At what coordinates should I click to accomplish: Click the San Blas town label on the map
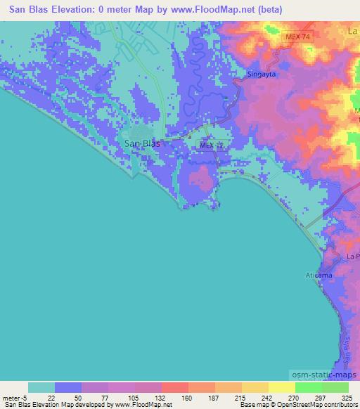click(141, 143)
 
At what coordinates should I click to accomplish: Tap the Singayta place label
click(262, 74)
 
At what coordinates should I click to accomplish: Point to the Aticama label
click(318, 275)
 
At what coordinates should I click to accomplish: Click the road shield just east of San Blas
click(210, 145)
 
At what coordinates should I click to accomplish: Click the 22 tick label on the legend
click(55, 397)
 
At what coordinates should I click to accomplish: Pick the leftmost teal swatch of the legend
click(41, 387)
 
